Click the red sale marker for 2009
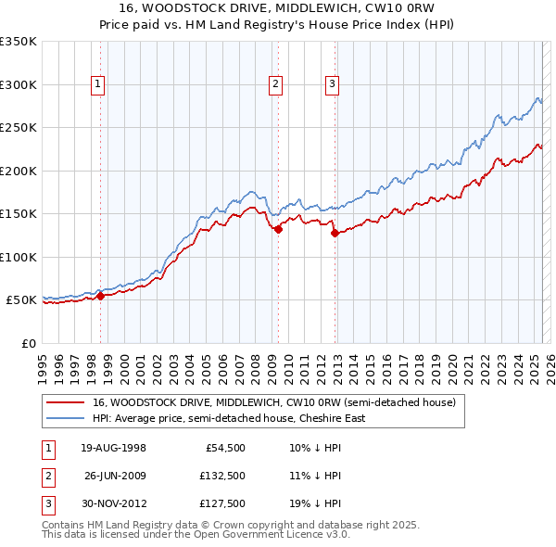[278, 229]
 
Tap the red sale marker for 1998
[100, 296]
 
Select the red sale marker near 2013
[335, 234]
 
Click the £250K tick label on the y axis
[19, 128]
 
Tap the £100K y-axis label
[19, 258]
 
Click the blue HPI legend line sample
[67, 418]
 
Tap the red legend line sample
[67, 403]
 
